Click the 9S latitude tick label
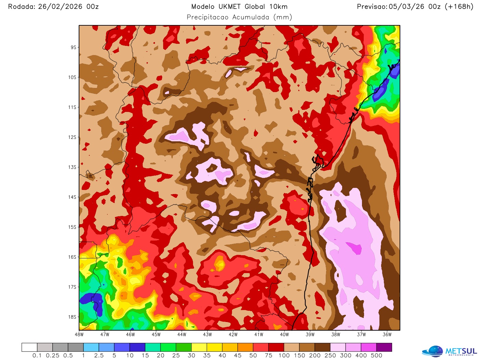click(x=74, y=47)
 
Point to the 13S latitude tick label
click(x=72, y=167)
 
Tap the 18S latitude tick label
click(x=72, y=317)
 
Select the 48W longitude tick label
click(x=79, y=334)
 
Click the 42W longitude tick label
click(x=233, y=334)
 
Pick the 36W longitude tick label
click(x=387, y=334)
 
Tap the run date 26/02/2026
click(x=60, y=7)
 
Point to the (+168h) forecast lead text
click(x=459, y=7)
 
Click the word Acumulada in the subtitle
click(x=251, y=17)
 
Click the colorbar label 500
click(x=376, y=355)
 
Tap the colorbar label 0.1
click(x=37, y=355)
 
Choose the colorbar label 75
click(x=269, y=355)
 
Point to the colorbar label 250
click(x=330, y=355)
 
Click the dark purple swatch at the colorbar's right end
click(x=384, y=347)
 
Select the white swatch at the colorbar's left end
click(x=29, y=347)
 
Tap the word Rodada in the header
click(x=22, y=7)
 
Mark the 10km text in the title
click(x=278, y=7)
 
